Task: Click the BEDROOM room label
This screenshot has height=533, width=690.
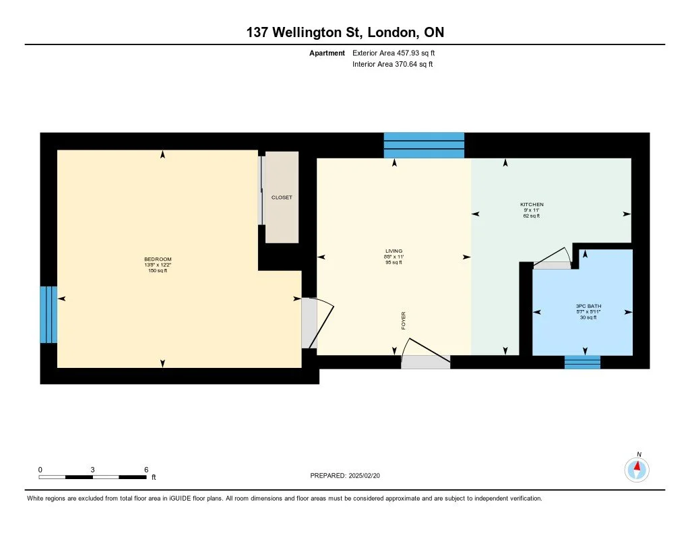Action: click(x=158, y=259)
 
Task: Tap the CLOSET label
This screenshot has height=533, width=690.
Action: click(x=282, y=197)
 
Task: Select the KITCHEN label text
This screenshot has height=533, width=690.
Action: click(x=532, y=205)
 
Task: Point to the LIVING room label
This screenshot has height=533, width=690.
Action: click(x=394, y=251)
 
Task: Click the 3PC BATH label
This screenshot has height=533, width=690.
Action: click(x=588, y=307)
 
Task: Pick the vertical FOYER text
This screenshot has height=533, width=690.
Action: click(x=404, y=321)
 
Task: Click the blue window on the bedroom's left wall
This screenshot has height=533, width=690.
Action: click(x=49, y=315)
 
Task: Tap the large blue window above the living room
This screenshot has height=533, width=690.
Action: click(x=424, y=146)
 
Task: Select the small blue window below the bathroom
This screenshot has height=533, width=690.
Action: click(x=582, y=363)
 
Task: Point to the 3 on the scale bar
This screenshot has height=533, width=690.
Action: click(x=92, y=470)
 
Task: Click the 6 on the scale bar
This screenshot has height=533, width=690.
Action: click(x=146, y=470)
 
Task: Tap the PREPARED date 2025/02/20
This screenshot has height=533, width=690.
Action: click(x=365, y=476)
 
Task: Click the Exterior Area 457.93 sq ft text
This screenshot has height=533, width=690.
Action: click(x=394, y=53)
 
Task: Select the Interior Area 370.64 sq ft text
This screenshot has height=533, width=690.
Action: click(x=393, y=64)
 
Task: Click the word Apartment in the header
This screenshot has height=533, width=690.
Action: click(x=327, y=53)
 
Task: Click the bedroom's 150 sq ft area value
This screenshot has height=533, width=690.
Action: click(x=158, y=271)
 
